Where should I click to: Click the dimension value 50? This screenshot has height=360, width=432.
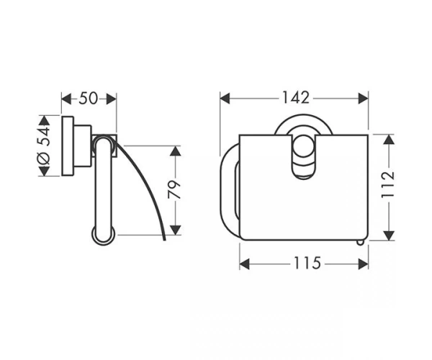tap(88, 99)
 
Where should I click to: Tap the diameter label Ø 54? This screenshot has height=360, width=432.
tap(43, 145)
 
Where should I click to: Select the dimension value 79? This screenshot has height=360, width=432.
tap(174, 190)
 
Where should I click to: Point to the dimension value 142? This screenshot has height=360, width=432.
tap(296, 97)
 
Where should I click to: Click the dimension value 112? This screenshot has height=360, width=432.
tap(388, 185)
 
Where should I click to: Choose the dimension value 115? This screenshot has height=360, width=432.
tap(307, 263)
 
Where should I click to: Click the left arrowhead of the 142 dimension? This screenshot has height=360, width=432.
tap(225, 99)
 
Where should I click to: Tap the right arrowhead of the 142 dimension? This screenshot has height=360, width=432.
tap(363, 99)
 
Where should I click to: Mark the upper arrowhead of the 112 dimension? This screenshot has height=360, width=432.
tap(389, 140)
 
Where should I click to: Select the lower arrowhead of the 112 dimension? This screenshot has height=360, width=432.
tap(389, 235)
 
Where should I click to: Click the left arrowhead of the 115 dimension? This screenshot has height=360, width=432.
tap(245, 264)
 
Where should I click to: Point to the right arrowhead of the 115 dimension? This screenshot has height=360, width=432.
tap(363, 264)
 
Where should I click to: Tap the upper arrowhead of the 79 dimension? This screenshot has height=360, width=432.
tap(175, 151)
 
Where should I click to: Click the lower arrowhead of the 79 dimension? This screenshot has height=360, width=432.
tap(175, 230)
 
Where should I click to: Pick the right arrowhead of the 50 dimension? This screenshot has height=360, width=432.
tap(112, 99)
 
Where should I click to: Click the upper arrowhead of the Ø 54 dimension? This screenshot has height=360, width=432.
tap(43, 121)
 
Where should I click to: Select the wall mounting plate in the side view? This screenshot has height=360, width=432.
tap(68, 145)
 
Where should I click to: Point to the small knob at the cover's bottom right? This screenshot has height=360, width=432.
tap(361, 243)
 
